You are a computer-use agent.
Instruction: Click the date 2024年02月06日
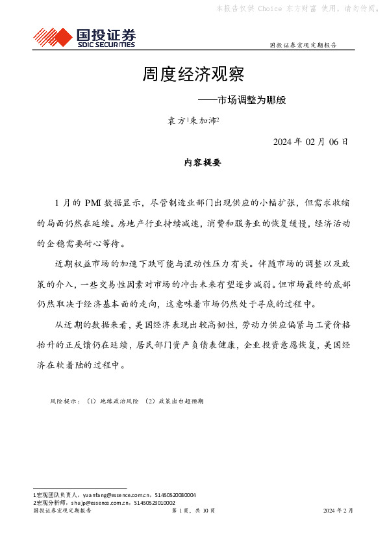click(310, 142)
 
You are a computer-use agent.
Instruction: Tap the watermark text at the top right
click(298, 8)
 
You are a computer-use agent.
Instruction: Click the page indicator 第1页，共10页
click(193, 511)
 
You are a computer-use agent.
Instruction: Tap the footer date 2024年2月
click(338, 511)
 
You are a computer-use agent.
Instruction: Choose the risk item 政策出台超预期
click(176, 401)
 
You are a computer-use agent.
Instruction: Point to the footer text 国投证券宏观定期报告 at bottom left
click(62, 511)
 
